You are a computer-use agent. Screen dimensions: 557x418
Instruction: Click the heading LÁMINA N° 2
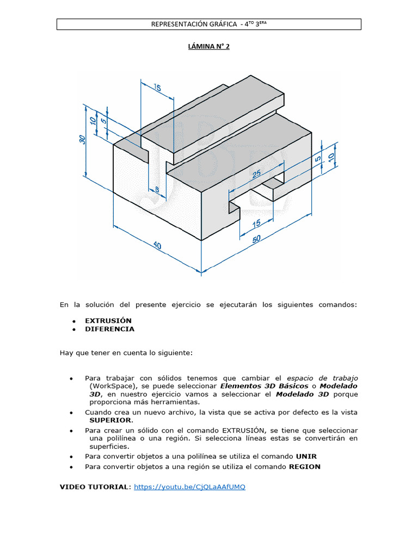coord(209,47)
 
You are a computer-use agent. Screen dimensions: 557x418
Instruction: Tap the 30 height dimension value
coord(82,139)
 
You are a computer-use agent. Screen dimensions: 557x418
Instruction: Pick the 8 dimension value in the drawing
coord(157,189)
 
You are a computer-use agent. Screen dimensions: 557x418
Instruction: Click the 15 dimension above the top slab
coord(157,88)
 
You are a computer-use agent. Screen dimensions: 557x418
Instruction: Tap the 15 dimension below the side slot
coord(255,222)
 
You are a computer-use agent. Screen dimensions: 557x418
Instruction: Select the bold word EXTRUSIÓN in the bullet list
coord(108,320)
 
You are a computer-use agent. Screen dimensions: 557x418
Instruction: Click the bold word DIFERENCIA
coord(109,329)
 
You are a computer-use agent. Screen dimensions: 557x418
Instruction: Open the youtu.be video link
coord(189,487)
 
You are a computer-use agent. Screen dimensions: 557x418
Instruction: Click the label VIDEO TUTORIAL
coord(94,487)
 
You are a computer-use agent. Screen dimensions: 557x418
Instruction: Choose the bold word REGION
coord(304,467)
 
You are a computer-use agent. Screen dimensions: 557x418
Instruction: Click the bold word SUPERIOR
coord(110,420)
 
